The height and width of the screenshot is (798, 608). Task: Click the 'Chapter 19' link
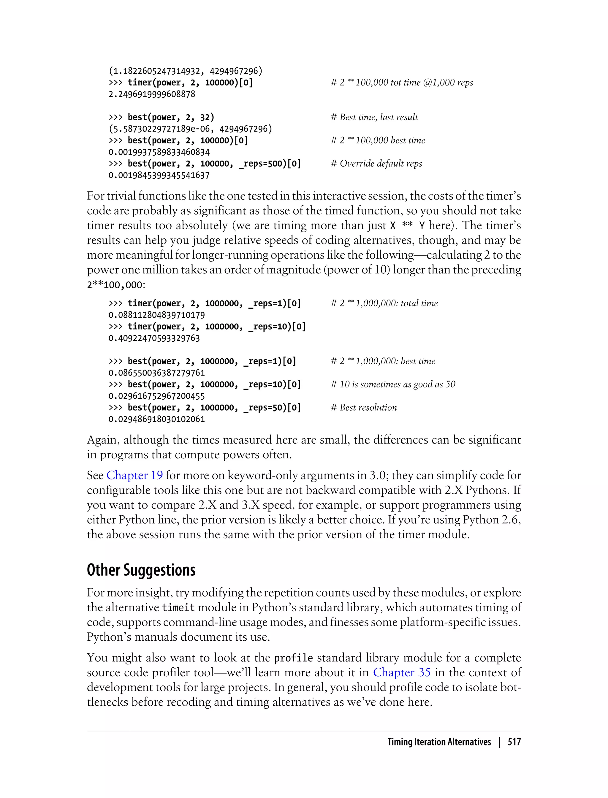(134, 475)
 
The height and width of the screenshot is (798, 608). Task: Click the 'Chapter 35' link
(402, 672)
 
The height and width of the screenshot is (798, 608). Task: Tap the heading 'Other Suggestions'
(141, 570)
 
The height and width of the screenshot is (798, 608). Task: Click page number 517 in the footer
(514, 742)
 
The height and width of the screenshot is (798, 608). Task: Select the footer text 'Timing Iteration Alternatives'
(439, 742)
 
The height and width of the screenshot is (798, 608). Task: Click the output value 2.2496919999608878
(152, 94)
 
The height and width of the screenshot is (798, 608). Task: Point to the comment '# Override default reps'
(376, 164)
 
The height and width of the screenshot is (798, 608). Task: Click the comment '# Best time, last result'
(374, 117)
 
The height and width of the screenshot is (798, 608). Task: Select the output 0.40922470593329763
(154, 338)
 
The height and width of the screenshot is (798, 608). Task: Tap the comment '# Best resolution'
(364, 408)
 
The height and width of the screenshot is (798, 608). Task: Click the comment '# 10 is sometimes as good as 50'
(393, 384)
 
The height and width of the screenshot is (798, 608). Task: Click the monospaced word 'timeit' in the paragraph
(178, 608)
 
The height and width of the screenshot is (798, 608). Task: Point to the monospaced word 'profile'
(294, 658)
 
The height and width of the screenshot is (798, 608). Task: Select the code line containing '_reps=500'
(205, 164)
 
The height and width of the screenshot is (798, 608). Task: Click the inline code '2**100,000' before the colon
(114, 285)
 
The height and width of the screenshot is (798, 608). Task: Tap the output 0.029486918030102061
(157, 419)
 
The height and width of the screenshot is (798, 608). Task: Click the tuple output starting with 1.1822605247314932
(185, 71)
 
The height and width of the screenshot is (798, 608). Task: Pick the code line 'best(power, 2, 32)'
(161, 117)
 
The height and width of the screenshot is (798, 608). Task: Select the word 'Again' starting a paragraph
(102, 440)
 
